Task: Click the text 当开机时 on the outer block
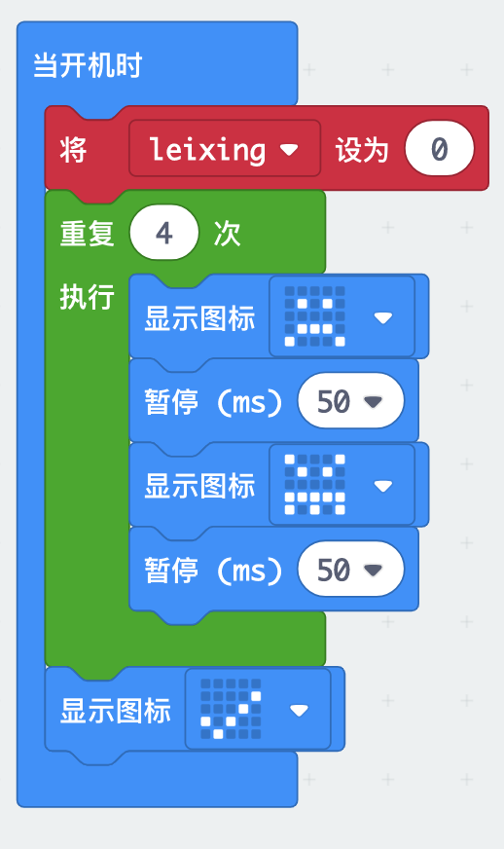pos(88,65)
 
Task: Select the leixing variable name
pos(207,149)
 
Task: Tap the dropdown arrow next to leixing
pos(290,149)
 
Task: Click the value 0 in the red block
pos(439,148)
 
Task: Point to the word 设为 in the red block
pos(362,149)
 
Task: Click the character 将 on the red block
pos(73,149)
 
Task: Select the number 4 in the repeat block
pos(164,233)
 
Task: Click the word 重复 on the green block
pos(87,234)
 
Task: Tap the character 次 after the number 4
pos(227,234)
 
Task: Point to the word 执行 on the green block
pos(87,297)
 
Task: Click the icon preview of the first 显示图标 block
pos(314,316)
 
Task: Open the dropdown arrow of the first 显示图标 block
pos(383,317)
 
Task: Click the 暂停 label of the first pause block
pos(171,402)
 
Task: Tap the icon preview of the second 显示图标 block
pos(314,485)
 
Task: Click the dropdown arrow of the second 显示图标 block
pos(383,486)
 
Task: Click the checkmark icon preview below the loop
pos(231,709)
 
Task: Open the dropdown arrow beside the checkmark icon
pos(299,710)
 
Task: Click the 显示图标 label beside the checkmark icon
pos(116,711)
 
